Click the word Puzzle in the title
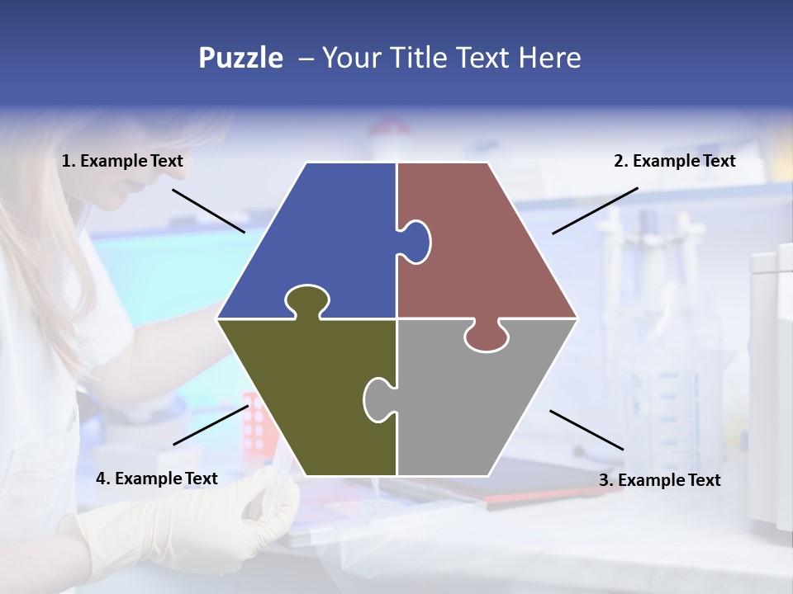pyautogui.click(x=240, y=58)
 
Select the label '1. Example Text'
pyautogui.click(x=122, y=161)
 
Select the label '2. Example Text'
pyautogui.click(x=674, y=161)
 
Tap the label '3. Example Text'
pyautogui.click(x=659, y=480)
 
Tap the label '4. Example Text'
pyautogui.click(x=156, y=478)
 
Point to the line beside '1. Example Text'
pyautogui.click(x=208, y=210)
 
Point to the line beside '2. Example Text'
pyautogui.click(x=595, y=210)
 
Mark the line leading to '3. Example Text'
pyautogui.click(x=586, y=430)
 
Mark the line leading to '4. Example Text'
pyautogui.click(x=210, y=425)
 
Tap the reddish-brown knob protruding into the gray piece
pyautogui.click(x=486, y=337)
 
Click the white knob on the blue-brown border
pyautogui.click(x=416, y=241)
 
